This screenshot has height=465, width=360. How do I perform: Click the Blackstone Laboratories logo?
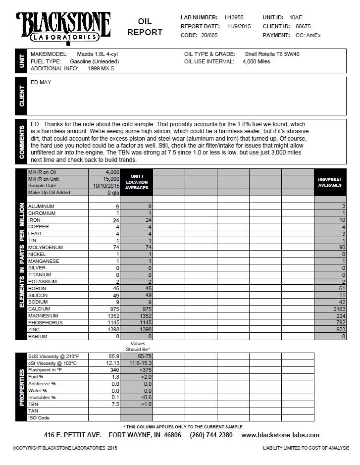coord(63,27)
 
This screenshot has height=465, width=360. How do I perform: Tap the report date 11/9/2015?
coord(239,26)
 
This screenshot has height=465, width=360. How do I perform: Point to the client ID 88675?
coord(301,26)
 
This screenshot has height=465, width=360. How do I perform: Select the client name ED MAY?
coord(41,82)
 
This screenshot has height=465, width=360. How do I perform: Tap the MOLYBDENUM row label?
coord(44,247)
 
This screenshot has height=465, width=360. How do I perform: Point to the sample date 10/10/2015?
coord(107,185)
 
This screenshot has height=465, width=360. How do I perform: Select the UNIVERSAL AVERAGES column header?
coord(330,182)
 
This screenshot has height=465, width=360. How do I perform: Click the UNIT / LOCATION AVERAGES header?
coord(137,182)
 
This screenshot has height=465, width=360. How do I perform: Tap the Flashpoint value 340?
coord(114,369)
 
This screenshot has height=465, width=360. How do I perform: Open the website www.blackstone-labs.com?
coord(280,435)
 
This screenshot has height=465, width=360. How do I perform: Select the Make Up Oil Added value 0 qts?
coord(111,192)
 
